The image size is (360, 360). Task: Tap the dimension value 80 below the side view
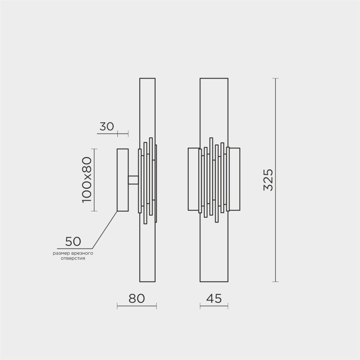click(136, 298)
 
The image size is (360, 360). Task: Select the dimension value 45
click(213, 298)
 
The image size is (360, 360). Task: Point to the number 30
click(107, 126)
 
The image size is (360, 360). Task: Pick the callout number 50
click(73, 241)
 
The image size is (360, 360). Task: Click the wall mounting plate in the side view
click(122, 180)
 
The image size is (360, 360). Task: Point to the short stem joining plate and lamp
click(134, 180)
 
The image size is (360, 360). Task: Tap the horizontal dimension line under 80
click(137, 307)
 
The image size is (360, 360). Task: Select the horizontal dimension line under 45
click(214, 307)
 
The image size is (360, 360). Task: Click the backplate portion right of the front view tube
click(235, 179)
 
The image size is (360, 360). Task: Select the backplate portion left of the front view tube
click(193, 179)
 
